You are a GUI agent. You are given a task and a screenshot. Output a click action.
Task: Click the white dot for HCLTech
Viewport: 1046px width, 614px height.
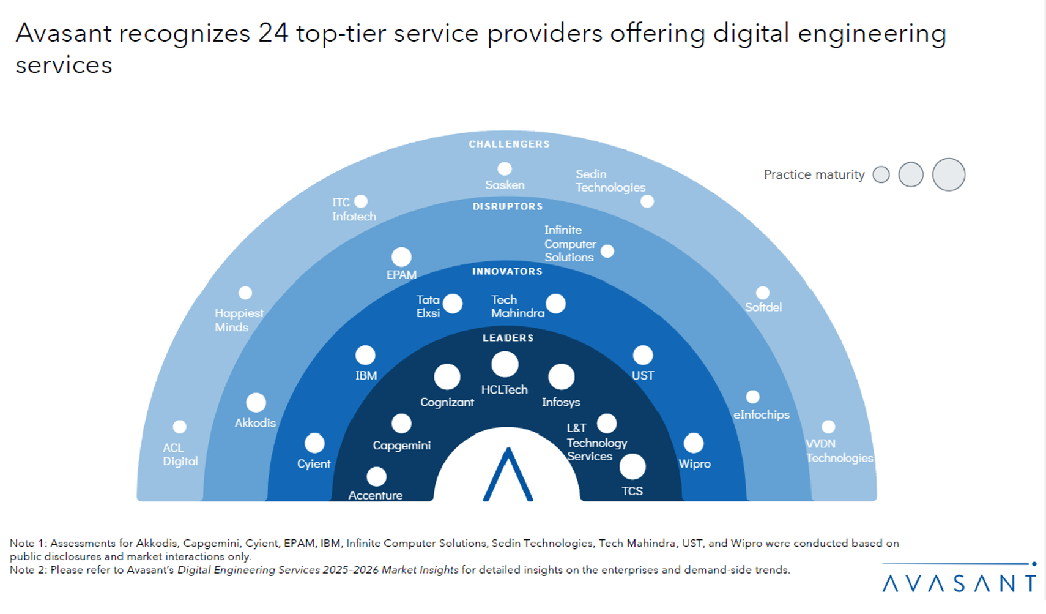(505, 365)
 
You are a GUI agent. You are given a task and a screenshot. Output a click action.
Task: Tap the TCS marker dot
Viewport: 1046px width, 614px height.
(632, 467)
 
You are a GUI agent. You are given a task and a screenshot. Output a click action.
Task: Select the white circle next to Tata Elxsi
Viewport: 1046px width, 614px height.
(453, 304)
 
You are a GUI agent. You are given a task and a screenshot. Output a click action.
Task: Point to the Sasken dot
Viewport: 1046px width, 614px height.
(505, 169)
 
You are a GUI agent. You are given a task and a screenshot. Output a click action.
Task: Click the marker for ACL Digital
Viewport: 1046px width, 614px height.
(179, 427)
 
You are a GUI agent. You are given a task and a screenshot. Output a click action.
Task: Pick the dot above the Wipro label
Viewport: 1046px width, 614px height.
(694, 443)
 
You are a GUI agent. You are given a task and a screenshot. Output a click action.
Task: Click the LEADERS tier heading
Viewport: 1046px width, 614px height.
(508, 338)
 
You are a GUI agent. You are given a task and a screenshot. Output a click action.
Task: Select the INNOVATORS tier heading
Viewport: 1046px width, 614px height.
(507, 271)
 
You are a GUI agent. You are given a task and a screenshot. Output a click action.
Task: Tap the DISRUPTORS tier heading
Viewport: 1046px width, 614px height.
(508, 207)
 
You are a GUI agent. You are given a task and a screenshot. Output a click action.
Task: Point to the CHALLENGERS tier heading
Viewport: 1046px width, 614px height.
(509, 144)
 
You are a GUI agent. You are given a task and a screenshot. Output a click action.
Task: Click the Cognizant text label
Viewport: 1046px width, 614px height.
(447, 402)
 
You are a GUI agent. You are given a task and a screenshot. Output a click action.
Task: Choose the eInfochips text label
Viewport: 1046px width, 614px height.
(762, 414)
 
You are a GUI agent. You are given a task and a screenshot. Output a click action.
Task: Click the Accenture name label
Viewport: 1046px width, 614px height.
(376, 495)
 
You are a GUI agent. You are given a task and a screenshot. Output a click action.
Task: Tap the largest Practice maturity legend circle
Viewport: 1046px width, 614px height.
(949, 174)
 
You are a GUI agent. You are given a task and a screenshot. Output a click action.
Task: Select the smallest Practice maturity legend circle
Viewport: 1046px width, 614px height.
(881, 174)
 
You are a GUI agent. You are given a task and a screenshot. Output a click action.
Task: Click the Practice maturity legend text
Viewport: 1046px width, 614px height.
(814, 174)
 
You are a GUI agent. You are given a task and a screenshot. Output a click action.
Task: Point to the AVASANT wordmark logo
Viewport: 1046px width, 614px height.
(959, 582)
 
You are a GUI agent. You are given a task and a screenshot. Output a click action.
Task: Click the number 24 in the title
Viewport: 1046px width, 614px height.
(273, 33)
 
